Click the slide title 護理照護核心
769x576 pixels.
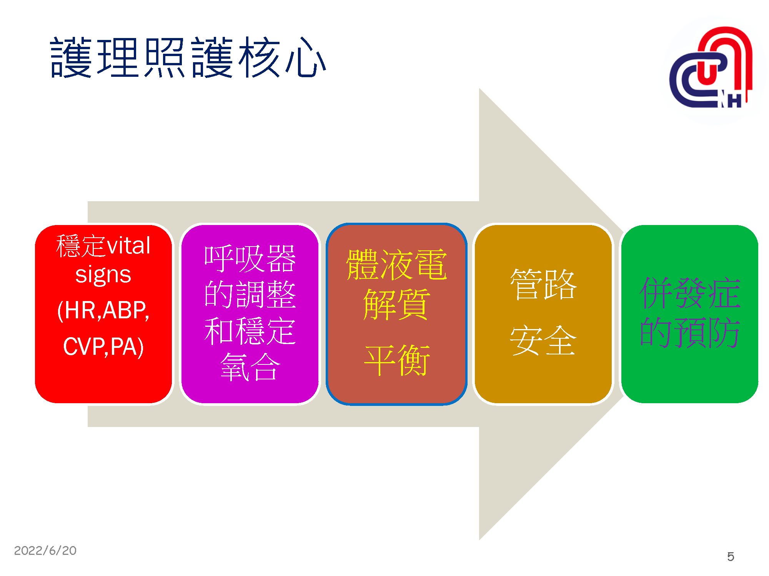[x=188, y=58]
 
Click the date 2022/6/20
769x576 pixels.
[x=45, y=551]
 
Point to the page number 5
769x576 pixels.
[x=731, y=556]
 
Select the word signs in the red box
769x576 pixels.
[x=103, y=275]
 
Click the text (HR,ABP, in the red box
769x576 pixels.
[x=103, y=310]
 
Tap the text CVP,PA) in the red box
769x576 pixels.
[x=103, y=346]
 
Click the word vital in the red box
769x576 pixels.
[x=128, y=246]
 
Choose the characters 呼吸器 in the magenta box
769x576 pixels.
[x=250, y=258]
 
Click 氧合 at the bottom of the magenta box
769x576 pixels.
[x=250, y=367]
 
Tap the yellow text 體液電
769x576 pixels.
[x=397, y=265]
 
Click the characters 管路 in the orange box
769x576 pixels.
[x=543, y=284]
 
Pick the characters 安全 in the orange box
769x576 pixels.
[x=543, y=340]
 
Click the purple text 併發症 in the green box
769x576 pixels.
[x=690, y=293]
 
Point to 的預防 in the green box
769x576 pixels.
[x=690, y=333]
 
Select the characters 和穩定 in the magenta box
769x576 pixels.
[x=250, y=331]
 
